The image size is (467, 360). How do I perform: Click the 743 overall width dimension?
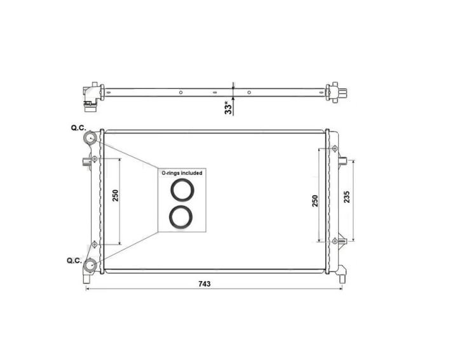click(205, 284)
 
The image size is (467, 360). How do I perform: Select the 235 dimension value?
click(346, 198)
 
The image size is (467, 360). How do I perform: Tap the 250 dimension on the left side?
click(115, 195)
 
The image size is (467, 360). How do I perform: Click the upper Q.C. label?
click(78, 128)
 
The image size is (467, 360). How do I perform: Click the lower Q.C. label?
click(74, 260)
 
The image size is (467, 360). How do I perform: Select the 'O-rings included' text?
click(182, 172)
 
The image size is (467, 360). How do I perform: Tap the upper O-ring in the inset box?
click(182, 190)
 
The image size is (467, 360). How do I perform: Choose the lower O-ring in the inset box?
click(182, 216)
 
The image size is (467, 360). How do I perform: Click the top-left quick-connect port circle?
click(90, 138)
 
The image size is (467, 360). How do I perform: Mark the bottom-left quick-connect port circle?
click(90, 266)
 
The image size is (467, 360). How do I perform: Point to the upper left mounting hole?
click(95, 158)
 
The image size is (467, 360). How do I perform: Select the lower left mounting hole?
click(95, 244)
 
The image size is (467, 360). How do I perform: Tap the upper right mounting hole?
click(334, 149)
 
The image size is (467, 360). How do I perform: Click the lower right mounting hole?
click(334, 242)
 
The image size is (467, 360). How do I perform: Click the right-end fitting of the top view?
click(335, 92)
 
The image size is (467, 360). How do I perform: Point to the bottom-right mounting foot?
click(342, 275)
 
